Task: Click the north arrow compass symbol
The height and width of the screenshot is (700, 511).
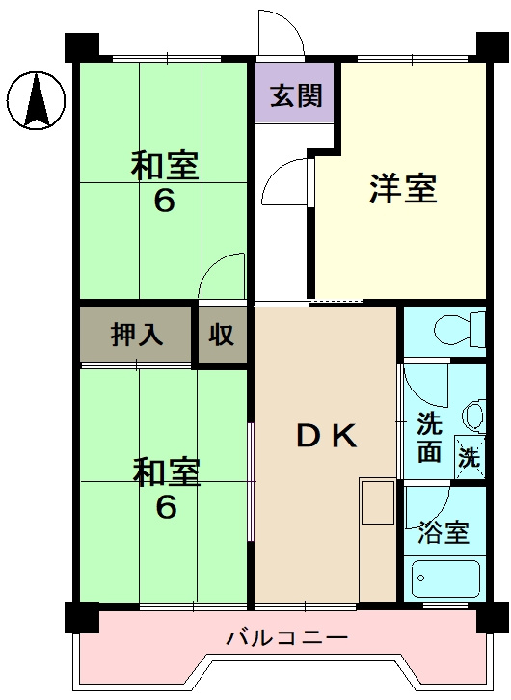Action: pyautogui.click(x=36, y=99)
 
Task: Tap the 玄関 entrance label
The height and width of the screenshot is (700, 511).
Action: pyautogui.click(x=295, y=96)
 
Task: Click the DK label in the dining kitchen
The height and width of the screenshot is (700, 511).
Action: pyautogui.click(x=326, y=436)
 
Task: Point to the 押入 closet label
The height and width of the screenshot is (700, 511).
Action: pyautogui.click(x=137, y=336)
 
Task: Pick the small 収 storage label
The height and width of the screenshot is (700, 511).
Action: pyautogui.click(x=222, y=336)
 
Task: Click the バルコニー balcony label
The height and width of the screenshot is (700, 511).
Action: pyautogui.click(x=286, y=637)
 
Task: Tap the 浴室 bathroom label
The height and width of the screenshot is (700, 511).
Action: pyautogui.click(x=444, y=533)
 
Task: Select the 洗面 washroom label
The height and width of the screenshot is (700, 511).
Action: pyautogui.click(x=429, y=436)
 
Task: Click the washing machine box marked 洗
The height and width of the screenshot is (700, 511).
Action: pyautogui.click(x=469, y=458)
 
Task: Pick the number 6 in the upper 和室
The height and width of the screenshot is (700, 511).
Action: pyautogui.click(x=165, y=204)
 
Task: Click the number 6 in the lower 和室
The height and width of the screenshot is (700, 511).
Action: pyautogui.click(x=166, y=508)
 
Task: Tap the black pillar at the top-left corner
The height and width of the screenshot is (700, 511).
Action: pyautogui.click(x=81, y=46)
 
